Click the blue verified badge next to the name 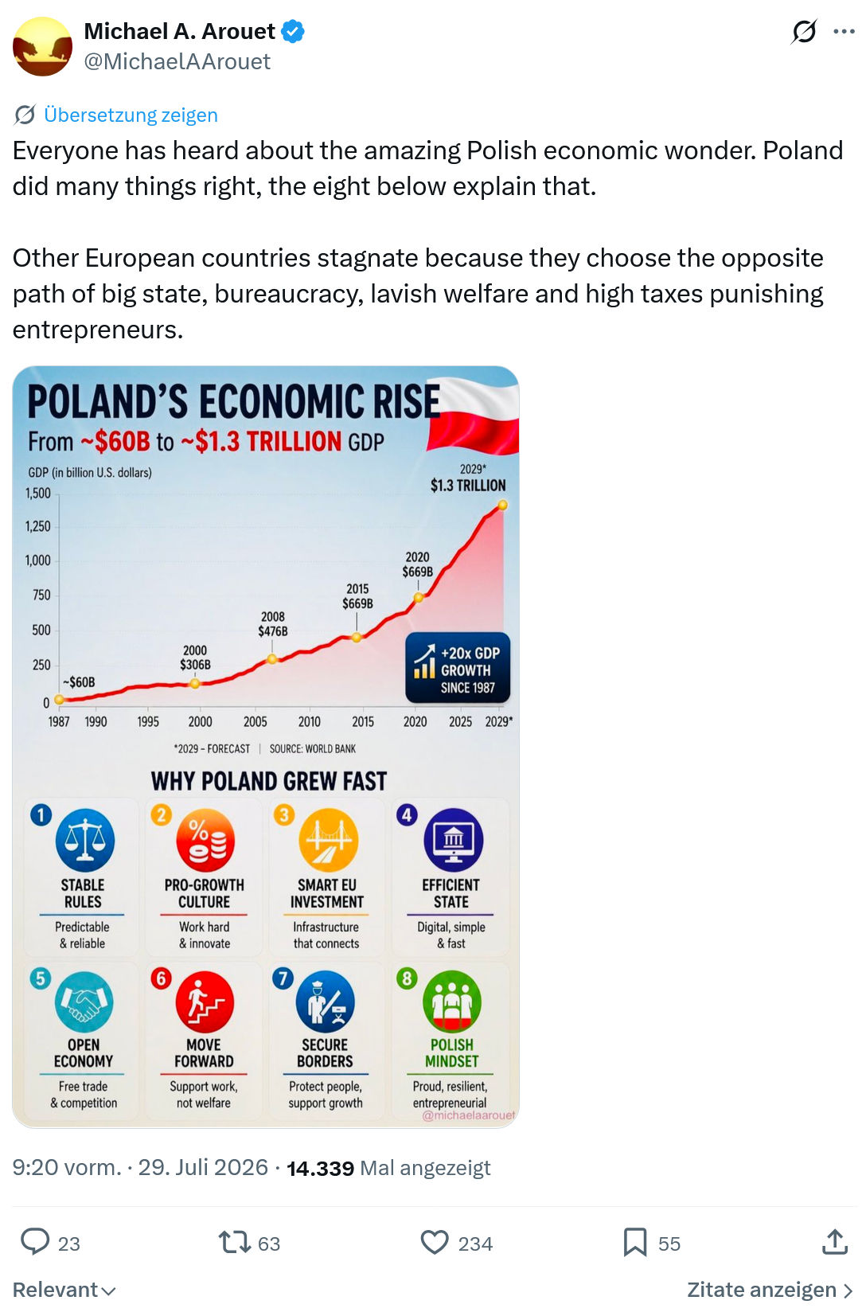coord(293,32)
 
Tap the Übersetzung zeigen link coord(131,115)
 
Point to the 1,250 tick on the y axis coord(37,526)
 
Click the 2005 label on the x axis coord(255,721)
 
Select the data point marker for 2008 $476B coord(271,659)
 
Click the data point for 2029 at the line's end coord(502,505)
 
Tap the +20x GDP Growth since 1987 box coord(458,668)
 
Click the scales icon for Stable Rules coord(85,840)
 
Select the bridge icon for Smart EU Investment coord(328,840)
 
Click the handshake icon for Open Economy coord(84,1002)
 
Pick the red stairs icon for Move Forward coord(205,1002)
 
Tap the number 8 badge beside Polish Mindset coord(407,978)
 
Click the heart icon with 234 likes coord(435,1242)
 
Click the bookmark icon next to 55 coord(635,1242)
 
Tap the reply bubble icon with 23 coord(35,1242)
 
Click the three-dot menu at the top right coord(844,32)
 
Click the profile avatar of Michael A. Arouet coord(42,46)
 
